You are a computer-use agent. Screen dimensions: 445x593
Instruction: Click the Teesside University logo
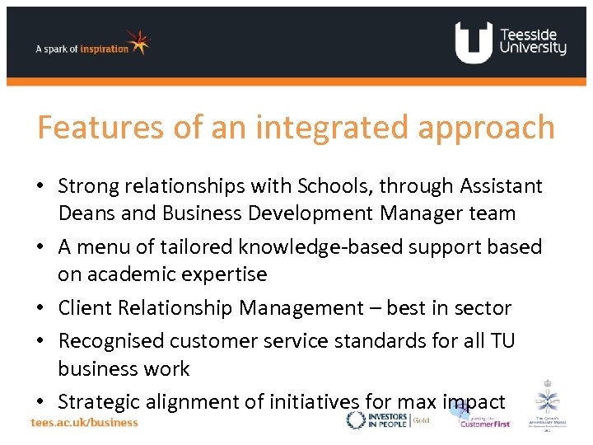(x=511, y=42)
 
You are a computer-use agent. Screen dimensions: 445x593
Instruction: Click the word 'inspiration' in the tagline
(x=105, y=49)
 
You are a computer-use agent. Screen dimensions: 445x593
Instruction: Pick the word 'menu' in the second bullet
(x=110, y=246)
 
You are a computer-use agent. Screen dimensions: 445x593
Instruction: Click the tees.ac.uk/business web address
(x=85, y=422)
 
